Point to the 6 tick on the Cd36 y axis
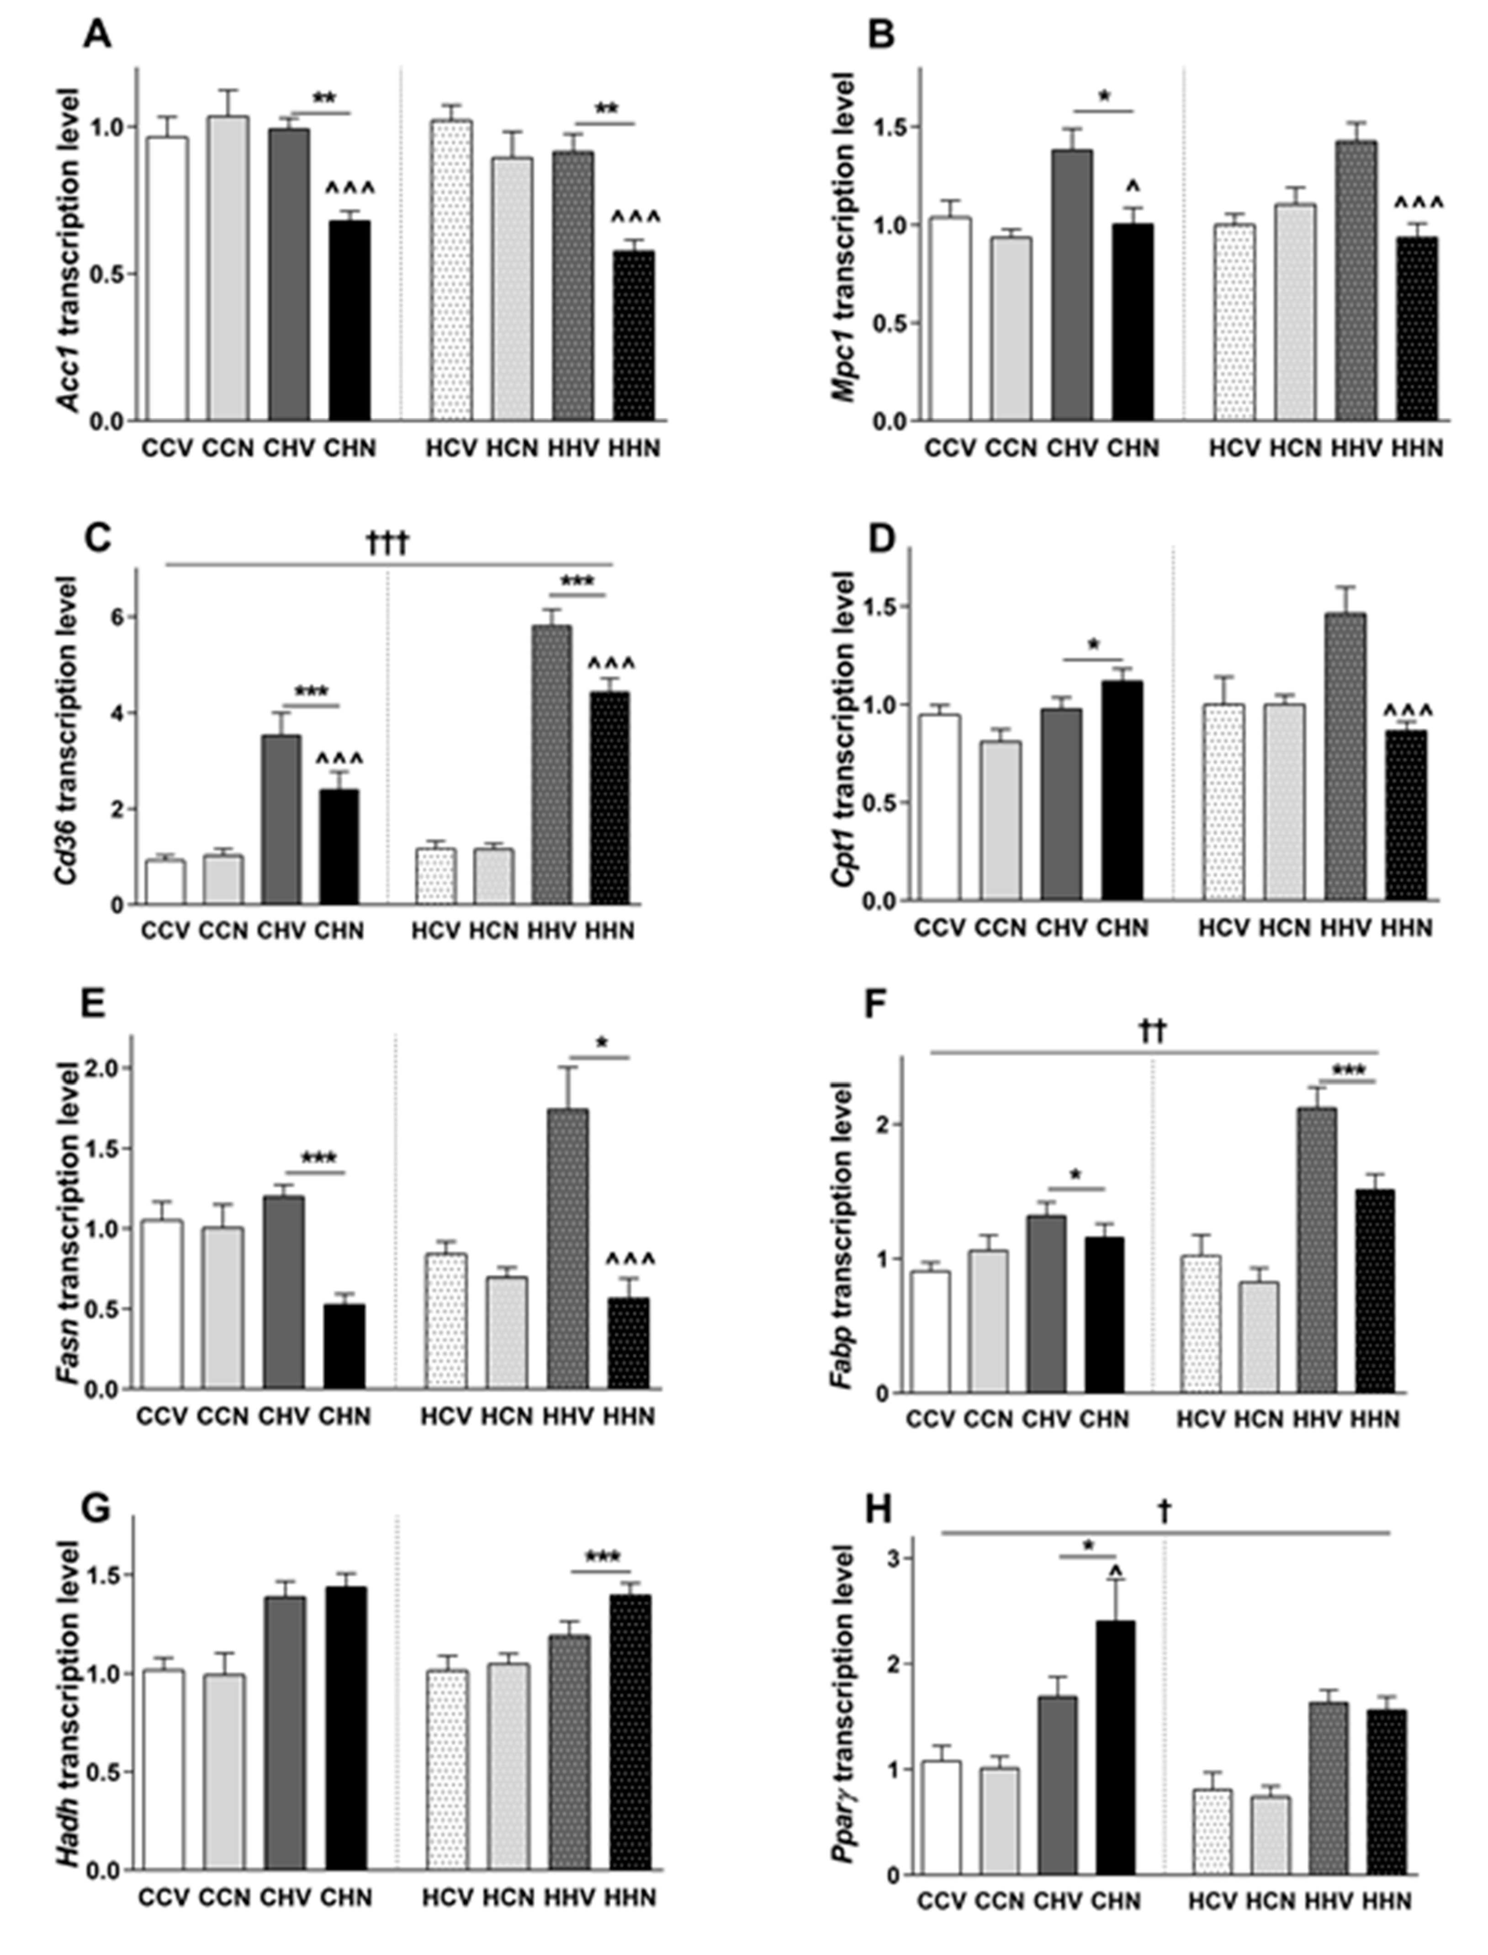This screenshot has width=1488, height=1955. [x=118, y=616]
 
